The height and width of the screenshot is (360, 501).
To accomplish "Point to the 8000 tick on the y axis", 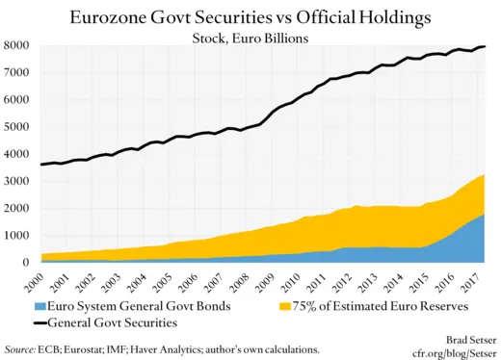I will click(18, 45).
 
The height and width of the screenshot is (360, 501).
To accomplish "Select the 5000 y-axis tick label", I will click(18, 127).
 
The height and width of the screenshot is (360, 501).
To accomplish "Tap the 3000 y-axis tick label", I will click(18, 181).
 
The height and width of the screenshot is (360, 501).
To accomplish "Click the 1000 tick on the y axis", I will click(18, 235).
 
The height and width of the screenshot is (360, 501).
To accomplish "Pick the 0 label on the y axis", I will click(28, 262).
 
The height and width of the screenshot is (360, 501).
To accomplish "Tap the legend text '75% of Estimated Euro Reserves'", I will click(381, 305).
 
